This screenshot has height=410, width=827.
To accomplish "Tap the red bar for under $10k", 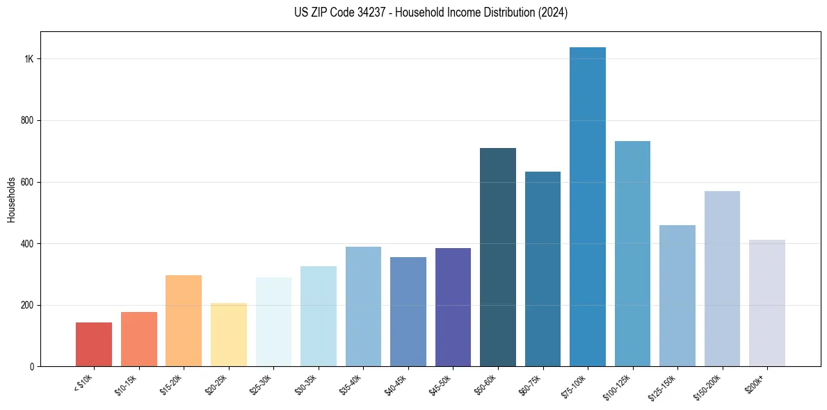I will (x=94, y=344).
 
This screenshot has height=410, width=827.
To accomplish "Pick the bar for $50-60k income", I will (x=498, y=257).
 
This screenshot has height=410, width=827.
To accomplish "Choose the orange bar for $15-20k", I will (x=184, y=320).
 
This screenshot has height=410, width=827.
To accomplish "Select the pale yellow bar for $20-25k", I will (x=229, y=334).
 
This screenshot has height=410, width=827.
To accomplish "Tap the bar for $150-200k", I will (x=722, y=279).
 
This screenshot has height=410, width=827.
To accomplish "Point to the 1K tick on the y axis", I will (x=29, y=59).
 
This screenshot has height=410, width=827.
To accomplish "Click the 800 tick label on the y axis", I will (x=26, y=120).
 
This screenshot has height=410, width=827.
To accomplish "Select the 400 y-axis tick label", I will (x=26, y=244).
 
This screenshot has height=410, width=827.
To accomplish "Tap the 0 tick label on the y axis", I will (x=32, y=367).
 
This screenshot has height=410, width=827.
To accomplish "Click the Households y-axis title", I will (x=11, y=199).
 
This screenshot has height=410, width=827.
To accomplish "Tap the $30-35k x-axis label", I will (x=308, y=384).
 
